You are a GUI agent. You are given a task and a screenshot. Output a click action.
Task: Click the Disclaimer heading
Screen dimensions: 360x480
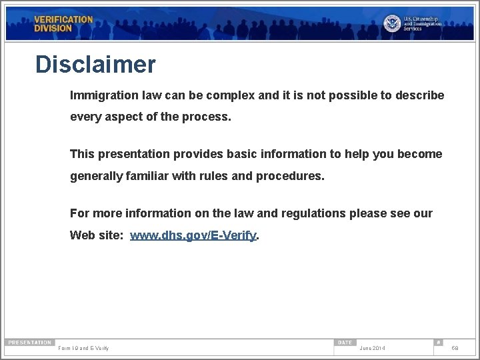[95, 65]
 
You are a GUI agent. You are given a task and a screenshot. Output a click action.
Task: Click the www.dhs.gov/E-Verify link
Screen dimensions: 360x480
[193, 236]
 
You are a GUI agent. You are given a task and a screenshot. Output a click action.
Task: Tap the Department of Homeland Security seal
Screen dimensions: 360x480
[392, 23]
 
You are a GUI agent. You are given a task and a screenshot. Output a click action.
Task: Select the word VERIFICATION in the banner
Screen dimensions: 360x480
[64, 19]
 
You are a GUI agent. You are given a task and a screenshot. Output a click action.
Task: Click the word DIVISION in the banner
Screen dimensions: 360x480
[53, 29]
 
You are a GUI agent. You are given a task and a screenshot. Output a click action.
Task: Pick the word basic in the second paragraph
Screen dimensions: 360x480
[257, 154]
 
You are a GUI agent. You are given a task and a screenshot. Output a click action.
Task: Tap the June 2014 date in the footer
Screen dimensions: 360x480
[372, 349]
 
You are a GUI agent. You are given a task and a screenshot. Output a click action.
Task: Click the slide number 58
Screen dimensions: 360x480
[455, 349]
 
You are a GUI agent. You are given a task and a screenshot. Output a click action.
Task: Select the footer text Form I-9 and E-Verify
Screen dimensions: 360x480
[84, 349]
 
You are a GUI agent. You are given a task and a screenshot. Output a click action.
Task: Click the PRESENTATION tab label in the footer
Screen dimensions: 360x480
[29, 343]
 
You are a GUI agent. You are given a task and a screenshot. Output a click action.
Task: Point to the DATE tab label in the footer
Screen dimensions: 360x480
[345, 343]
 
